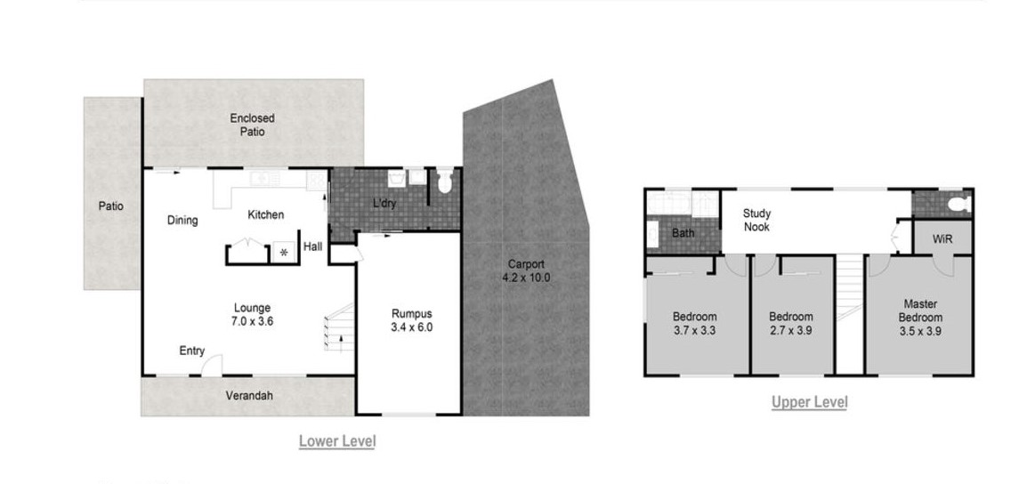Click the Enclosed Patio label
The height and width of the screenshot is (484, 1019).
coord(252,125)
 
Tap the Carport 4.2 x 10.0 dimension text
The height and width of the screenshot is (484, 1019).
coord(526,278)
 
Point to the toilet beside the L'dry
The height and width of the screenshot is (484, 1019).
coord(445,181)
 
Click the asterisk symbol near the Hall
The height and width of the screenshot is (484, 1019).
coord(284,252)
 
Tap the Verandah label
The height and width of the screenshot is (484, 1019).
coord(249,396)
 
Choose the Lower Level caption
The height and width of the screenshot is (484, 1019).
coord(337,442)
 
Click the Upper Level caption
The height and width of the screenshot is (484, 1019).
coord(809,403)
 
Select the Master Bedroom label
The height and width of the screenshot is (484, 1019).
coord(921,311)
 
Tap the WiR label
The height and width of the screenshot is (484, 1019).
coord(943,239)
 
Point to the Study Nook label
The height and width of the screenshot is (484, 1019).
coord(756,220)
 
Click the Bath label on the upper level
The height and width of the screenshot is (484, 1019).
coord(683,232)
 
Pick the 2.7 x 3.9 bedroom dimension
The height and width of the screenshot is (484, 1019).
coord(791,330)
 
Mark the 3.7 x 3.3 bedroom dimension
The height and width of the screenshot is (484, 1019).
coord(695,330)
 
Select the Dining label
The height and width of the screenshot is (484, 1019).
coord(182,221)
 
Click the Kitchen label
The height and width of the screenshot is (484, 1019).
coord(266,214)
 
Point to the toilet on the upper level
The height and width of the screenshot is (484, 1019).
coord(958,205)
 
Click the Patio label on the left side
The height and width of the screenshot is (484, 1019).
coord(111,206)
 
